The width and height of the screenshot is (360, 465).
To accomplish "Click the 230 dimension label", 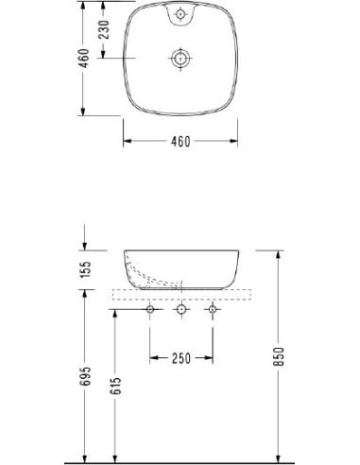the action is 104,29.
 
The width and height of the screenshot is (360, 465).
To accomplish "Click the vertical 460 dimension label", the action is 84,59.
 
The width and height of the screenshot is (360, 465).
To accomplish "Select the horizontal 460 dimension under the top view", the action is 180,142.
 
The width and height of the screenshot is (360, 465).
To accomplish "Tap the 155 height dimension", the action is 85,269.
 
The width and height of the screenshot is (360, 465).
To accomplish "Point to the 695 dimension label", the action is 85,376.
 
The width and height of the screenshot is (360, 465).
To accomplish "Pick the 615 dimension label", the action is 116,386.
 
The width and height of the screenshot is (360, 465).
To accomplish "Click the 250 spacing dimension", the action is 181,358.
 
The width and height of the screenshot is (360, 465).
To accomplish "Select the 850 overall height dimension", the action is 279,356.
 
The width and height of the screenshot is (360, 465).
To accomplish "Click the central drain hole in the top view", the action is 180,59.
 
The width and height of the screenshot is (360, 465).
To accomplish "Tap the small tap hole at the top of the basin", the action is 180,14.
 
